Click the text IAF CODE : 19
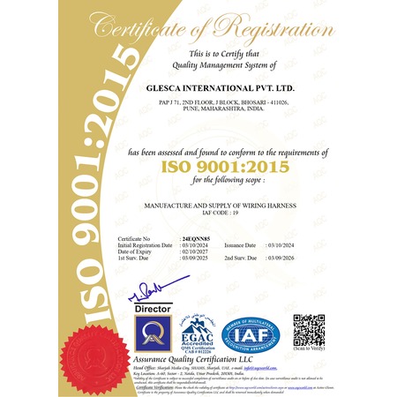(x=221, y=213)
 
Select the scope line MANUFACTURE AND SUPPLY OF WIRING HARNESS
(x=221, y=206)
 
